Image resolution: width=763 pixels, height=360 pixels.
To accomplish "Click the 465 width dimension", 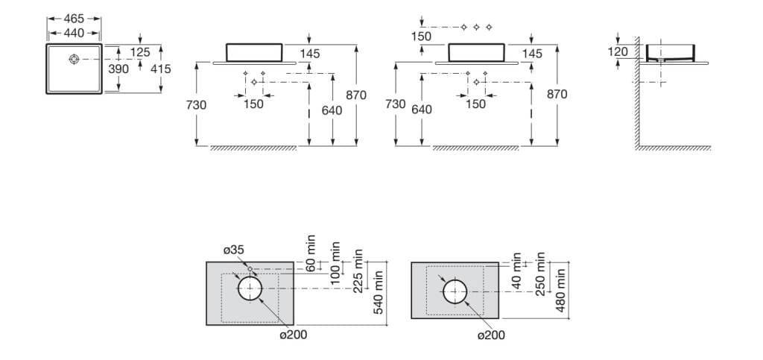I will point(74,18).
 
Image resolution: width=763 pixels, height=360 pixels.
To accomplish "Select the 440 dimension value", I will point(74,33).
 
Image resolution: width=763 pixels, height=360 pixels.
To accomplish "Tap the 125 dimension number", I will point(140,52).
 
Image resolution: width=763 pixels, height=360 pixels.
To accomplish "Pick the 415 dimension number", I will point(160,69).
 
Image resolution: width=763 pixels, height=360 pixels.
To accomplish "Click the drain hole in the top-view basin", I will point(75,59).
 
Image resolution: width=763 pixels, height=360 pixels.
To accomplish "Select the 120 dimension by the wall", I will point(618,52).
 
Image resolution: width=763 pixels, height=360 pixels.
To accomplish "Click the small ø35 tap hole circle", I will point(250,268).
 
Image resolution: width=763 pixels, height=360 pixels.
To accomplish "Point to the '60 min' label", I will point(311,253).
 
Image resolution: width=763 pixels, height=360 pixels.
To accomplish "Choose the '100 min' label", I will point(336,262).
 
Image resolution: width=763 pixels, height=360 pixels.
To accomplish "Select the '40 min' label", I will point(516,263).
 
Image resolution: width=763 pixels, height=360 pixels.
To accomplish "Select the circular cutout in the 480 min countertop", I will point(455,291).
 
